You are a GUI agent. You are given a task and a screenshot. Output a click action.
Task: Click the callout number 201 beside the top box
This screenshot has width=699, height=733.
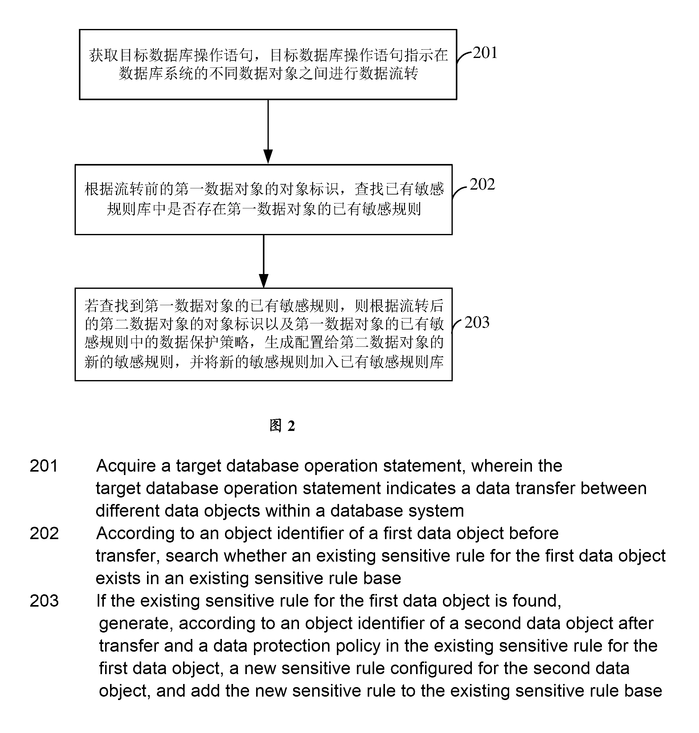click(x=485, y=53)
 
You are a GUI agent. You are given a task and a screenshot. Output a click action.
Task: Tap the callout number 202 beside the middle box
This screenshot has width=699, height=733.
click(x=482, y=184)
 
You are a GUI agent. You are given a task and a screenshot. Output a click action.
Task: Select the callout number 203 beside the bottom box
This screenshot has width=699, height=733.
click(x=477, y=323)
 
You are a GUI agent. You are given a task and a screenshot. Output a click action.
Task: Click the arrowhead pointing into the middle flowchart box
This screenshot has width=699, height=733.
click(x=268, y=157)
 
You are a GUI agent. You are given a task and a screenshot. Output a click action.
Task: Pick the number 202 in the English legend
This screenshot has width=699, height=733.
click(x=44, y=533)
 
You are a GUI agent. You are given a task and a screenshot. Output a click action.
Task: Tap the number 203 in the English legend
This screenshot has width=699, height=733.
click(x=44, y=601)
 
